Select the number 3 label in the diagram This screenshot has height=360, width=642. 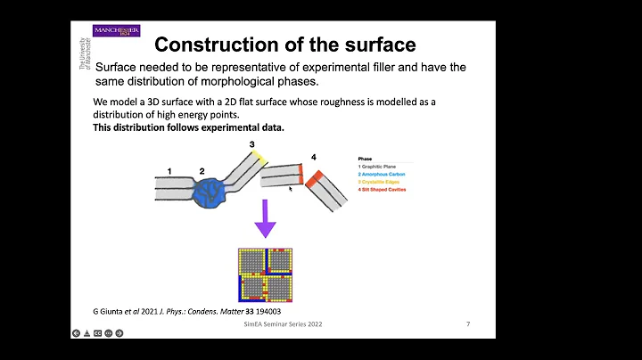[252, 143]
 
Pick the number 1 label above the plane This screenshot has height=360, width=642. [169, 170]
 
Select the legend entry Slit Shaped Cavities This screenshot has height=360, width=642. [388, 190]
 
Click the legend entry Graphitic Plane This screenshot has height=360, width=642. [381, 166]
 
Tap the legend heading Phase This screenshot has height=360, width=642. [366, 158]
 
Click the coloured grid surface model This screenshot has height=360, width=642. [265, 273]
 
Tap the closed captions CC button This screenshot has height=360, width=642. [97, 333]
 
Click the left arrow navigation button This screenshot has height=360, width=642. [77, 333]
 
